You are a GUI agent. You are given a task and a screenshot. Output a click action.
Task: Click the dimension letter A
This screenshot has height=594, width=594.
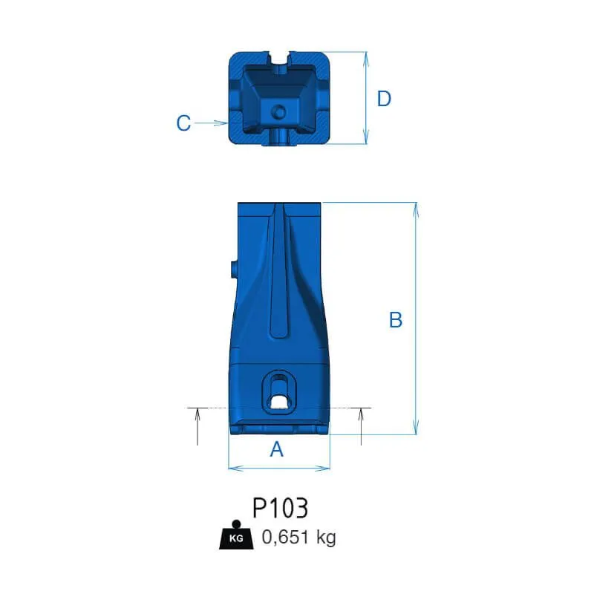276,449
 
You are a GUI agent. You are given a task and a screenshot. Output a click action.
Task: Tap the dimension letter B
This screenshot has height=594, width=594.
396,320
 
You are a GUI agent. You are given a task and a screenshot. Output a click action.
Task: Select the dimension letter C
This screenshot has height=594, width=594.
183,123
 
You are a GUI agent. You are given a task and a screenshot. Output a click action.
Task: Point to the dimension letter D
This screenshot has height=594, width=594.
384,99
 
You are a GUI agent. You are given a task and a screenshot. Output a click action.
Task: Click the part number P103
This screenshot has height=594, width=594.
281,508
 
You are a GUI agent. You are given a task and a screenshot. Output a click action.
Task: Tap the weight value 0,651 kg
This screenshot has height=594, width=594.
299,537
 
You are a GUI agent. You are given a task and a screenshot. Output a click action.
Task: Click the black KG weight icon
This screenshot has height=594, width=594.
236,535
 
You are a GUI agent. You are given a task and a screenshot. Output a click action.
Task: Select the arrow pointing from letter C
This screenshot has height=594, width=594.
211,123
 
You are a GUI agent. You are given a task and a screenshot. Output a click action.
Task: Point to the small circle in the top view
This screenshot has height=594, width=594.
280,112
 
